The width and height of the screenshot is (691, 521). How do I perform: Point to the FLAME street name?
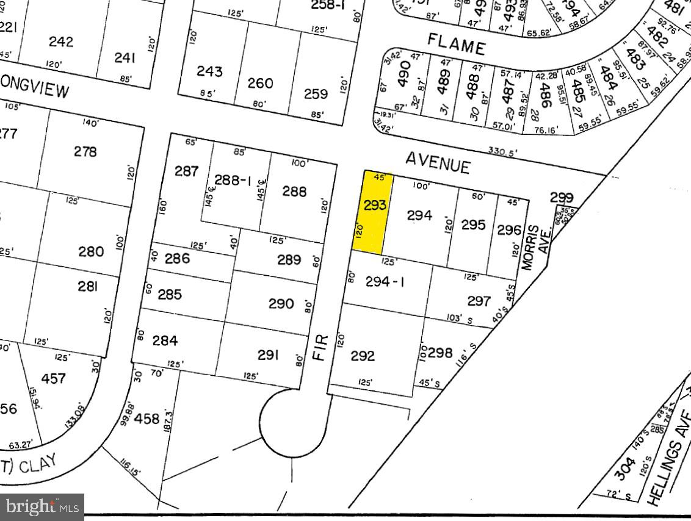(x=456, y=45)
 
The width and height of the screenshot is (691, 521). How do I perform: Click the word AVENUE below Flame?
(x=438, y=162)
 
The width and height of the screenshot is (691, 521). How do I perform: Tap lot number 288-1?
(x=233, y=181)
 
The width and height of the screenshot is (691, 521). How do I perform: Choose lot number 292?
(x=362, y=356)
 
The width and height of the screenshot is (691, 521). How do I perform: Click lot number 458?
(x=147, y=419)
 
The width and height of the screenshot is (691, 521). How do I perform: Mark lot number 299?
(x=562, y=198)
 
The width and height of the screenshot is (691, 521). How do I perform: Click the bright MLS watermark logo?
(x=42, y=506)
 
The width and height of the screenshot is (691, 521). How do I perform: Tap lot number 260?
(x=260, y=82)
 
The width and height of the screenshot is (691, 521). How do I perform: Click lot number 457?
(x=53, y=378)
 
